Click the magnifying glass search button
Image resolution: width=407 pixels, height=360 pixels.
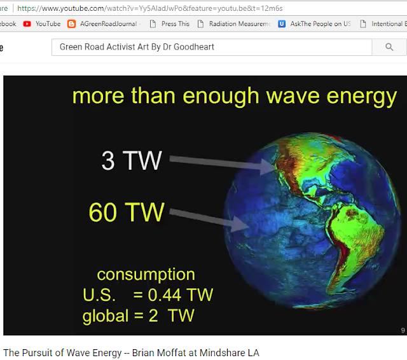coord(389,47)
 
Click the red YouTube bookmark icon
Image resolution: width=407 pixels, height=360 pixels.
coord(27,24)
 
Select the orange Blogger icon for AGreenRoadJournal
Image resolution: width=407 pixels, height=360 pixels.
coord(71,24)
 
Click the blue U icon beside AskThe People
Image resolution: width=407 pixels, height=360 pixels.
coord(282,24)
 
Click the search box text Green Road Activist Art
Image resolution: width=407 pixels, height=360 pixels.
coord(104,46)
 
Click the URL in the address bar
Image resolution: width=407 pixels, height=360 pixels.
coord(150,8)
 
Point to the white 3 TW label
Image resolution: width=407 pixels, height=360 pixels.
coord(132,161)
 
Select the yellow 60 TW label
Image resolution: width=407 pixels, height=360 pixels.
coord(127,212)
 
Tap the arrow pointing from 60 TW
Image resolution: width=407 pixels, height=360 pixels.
coord(209,219)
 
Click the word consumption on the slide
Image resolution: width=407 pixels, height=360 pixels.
coord(146,275)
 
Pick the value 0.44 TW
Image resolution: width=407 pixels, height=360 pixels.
coord(180,295)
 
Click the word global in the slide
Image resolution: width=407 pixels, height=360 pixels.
coord(106,316)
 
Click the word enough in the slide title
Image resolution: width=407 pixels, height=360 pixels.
coord(221,96)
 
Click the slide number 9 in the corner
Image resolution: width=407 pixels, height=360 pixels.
coord(403,330)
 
